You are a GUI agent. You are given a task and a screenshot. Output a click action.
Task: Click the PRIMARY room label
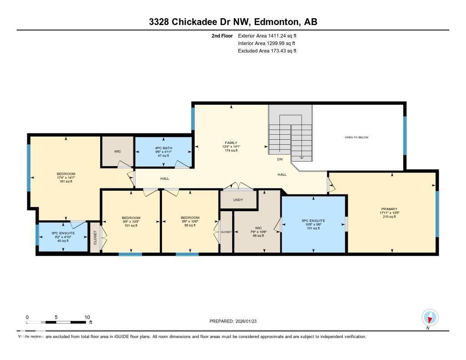click(x=389, y=209)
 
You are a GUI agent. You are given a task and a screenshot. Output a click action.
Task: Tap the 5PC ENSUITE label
click(x=314, y=221)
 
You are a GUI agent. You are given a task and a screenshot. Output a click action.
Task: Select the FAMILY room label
click(x=231, y=143)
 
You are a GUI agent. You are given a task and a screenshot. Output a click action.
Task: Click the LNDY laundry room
click(x=238, y=200)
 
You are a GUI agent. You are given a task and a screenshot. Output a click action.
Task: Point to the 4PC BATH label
click(x=162, y=148)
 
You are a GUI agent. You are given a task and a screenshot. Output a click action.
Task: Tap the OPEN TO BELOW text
click(x=356, y=137)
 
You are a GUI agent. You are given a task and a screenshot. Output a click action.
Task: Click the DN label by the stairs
click(x=280, y=159)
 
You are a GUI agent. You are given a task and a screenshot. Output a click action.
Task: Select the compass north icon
click(x=430, y=317)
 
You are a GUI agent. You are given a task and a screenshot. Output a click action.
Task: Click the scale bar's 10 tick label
click(x=87, y=317)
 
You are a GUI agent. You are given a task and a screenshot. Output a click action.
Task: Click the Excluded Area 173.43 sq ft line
click(x=267, y=51)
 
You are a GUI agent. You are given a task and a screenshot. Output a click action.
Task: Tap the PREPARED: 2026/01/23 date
click(x=236, y=321)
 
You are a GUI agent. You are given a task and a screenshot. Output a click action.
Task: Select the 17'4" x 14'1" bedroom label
click(x=66, y=177)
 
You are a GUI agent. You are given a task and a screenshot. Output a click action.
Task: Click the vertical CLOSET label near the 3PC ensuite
click(x=95, y=238)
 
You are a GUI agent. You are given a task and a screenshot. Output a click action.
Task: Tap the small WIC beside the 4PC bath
click(x=117, y=152)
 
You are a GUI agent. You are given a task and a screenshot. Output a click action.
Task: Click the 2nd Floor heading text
click(x=222, y=35)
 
